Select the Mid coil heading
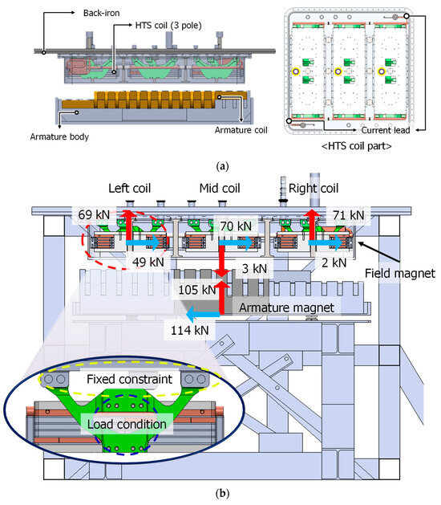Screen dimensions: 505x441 click(x=208, y=189)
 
